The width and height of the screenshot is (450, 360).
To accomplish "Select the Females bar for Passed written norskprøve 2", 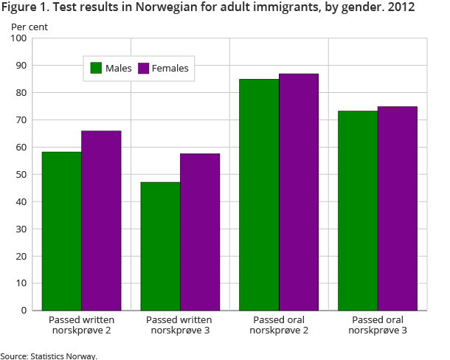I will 101,221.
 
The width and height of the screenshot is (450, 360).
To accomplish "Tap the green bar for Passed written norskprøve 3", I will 160,246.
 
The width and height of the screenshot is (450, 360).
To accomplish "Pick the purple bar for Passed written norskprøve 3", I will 200,232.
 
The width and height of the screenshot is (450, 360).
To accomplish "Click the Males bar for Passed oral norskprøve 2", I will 259,195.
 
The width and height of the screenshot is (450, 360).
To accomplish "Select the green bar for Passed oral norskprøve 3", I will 358,210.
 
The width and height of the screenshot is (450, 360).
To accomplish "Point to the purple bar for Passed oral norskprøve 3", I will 398,208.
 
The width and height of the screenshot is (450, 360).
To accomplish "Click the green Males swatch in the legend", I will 96,69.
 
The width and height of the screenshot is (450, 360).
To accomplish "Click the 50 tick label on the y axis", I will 21,175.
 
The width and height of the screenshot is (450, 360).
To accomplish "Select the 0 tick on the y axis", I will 24,311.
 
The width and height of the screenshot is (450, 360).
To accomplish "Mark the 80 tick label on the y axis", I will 21,93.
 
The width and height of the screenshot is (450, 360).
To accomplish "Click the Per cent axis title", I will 27,26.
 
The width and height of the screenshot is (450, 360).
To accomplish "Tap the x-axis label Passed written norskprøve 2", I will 81,325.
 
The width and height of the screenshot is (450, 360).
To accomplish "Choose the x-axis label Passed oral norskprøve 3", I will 378,325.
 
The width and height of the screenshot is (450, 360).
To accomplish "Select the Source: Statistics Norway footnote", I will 49,356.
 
